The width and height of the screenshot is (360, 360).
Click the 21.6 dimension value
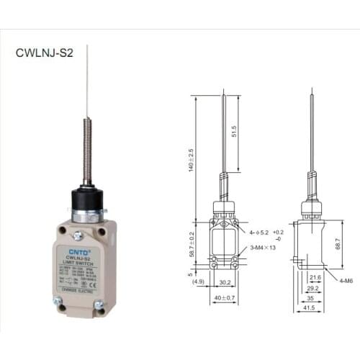click(315, 276)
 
